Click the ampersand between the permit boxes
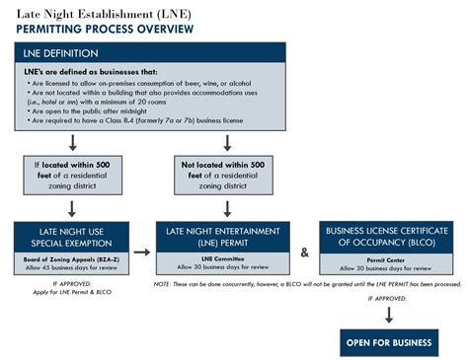coord(304,252)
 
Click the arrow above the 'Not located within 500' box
coord(228,142)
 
